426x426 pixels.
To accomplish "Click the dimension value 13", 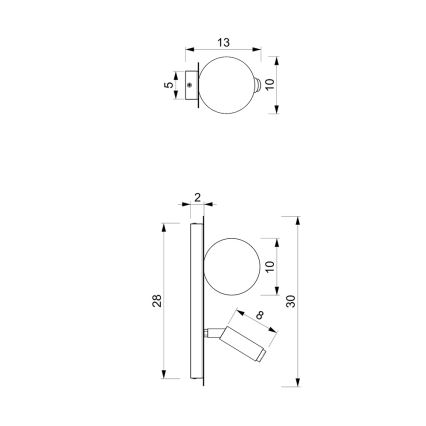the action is coord(224,43).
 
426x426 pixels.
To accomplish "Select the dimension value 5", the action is coord(169,85).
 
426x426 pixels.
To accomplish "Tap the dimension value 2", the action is coord(197,198).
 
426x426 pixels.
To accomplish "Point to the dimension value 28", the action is coord(157,301).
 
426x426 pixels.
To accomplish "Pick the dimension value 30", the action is coord(290,301).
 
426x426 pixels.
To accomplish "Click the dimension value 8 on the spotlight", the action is coord(260,315).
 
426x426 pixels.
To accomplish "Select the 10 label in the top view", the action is coord(270,84).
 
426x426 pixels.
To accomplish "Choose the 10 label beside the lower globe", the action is coord(269,266).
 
